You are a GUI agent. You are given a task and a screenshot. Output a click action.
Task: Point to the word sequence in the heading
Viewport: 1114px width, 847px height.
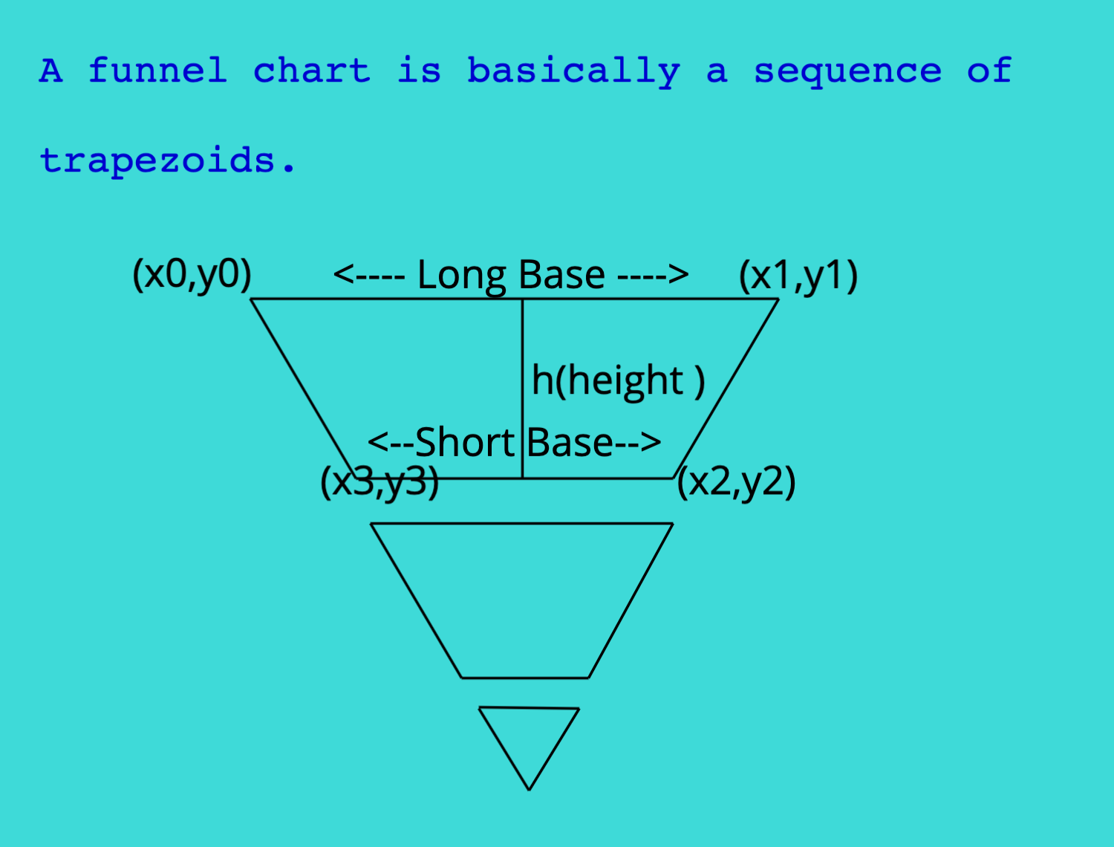[847, 73]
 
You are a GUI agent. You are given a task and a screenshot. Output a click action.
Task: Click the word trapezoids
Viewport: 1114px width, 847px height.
[168, 161]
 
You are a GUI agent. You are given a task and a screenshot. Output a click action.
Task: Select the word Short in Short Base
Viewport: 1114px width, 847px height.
[465, 443]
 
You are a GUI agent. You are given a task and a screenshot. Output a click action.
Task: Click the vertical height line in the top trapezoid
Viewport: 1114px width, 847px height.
[522, 389]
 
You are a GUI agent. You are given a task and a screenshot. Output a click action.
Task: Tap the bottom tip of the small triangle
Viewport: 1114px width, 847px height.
[529, 790]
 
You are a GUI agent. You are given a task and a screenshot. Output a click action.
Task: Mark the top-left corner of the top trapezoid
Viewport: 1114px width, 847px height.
[251, 299]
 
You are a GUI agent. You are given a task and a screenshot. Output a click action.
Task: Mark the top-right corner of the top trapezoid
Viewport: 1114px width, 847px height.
[778, 299]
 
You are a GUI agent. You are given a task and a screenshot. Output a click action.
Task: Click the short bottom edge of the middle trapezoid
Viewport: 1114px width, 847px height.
[525, 678]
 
